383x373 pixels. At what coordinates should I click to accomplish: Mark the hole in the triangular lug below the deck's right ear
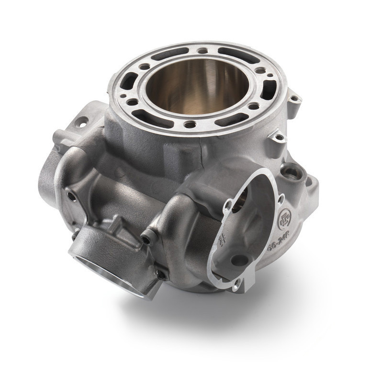click(277, 137)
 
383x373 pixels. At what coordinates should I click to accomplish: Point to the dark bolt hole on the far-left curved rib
click(71, 196)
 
